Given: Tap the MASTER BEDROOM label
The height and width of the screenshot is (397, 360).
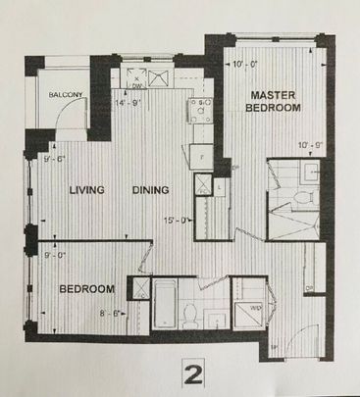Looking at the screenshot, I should coord(274,101).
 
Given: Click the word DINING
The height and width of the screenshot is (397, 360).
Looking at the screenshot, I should coord(151,190).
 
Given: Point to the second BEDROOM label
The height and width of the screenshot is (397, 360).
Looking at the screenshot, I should coord(87,290).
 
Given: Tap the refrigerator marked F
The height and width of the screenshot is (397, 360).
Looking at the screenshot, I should coord(201,155).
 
